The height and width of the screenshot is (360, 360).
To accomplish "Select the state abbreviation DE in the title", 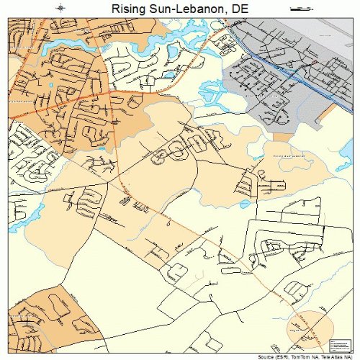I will (x=239, y=8).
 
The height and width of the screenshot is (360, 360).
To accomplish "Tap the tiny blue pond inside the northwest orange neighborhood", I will (x=51, y=85).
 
